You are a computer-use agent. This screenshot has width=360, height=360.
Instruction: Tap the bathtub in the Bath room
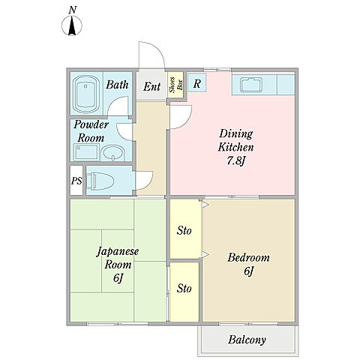tap(85, 94)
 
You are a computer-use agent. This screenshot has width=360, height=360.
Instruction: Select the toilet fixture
tap(100, 180)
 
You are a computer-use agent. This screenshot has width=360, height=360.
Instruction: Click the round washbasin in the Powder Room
tap(112, 153)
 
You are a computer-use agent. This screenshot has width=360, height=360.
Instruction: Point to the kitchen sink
tap(251, 85)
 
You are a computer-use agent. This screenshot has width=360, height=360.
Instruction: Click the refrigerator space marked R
tap(196, 82)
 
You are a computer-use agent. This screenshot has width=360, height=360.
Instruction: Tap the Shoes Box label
tap(175, 85)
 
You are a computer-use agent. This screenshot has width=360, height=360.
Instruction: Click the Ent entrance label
tap(151, 86)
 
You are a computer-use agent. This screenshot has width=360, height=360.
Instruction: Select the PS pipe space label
tap(76, 181)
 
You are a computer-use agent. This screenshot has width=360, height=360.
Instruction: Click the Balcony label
tap(247, 340)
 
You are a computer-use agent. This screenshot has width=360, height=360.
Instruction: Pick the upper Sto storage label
tap(184, 230)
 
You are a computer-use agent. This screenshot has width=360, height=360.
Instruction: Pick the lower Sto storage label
tap(184, 289)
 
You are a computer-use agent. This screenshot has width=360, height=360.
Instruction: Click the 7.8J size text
tap(235, 160)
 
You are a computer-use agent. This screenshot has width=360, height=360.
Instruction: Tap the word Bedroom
tap(248, 257)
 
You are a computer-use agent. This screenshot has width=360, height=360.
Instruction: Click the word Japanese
tap(118, 251)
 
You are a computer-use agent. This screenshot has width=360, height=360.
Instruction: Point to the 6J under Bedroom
tap(248, 271)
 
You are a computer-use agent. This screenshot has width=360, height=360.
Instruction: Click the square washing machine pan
tap(86, 152)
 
